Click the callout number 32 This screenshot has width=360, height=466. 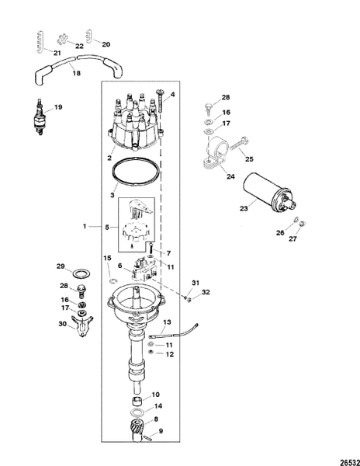coord(206,293)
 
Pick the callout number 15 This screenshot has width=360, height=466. coord(107,258)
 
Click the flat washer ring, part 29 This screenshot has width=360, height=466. coord(80,274)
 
